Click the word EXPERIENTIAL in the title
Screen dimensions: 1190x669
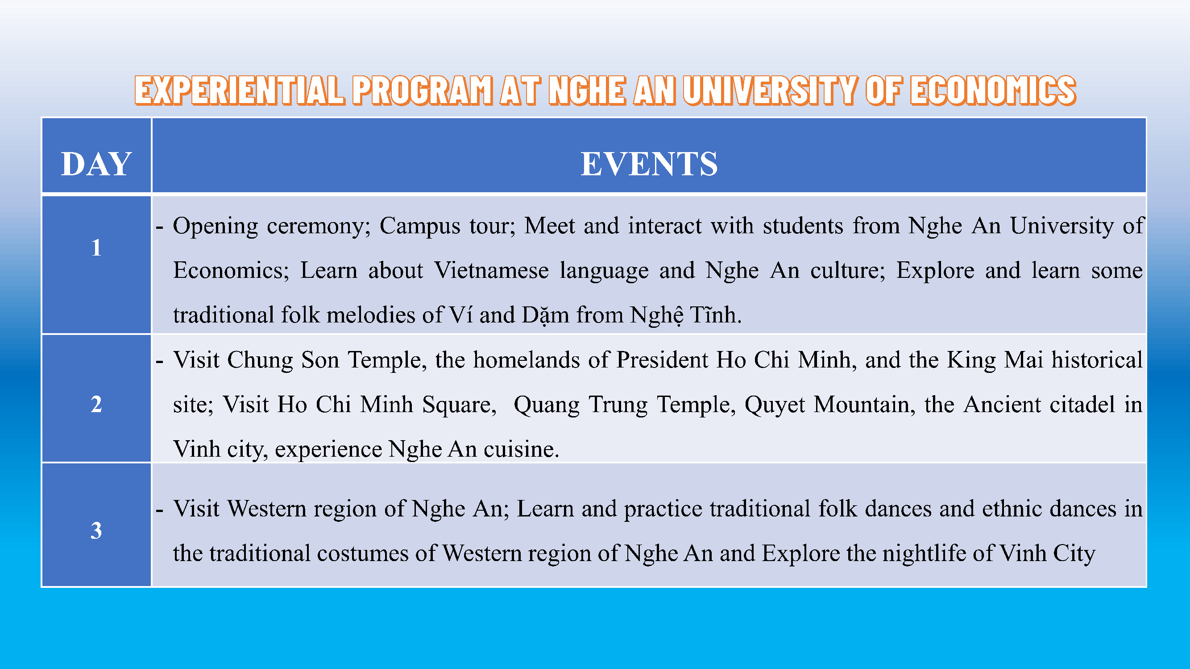pyautogui.click(x=240, y=90)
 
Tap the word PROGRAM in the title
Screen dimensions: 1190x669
pyautogui.click(x=423, y=90)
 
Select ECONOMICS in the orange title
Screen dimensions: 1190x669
pyautogui.click(x=993, y=90)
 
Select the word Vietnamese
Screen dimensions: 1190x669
pyautogui.click(x=491, y=271)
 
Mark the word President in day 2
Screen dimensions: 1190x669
pyautogui.click(x=662, y=360)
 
